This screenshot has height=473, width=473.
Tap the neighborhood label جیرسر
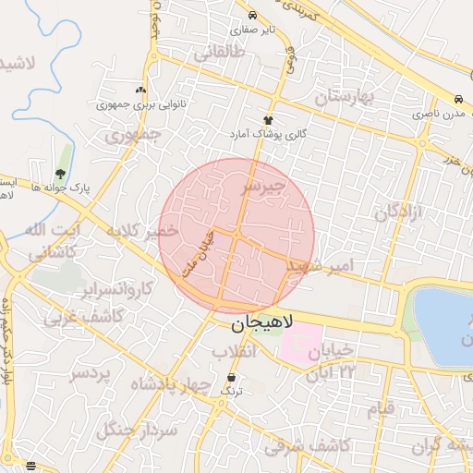click(x=263, y=188)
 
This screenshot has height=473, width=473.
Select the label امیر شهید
click(x=321, y=266)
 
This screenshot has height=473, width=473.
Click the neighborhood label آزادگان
click(x=398, y=212)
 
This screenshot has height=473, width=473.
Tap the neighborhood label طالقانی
click(x=219, y=53)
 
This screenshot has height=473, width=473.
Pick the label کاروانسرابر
click(x=117, y=290)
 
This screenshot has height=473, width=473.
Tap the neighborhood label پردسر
click(x=91, y=374)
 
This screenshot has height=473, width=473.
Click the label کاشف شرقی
click(x=307, y=445)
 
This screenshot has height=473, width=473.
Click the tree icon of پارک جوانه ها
click(x=61, y=173)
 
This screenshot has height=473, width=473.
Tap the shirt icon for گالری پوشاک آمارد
click(x=269, y=120)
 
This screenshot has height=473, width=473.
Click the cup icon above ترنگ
click(x=231, y=379)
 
